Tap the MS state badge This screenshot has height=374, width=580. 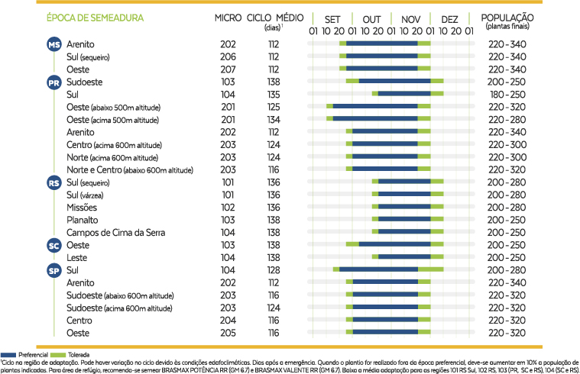tap(54, 44)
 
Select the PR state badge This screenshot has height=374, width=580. tap(54, 82)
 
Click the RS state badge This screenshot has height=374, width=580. tap(54, 182)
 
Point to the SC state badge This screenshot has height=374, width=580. tap(54, 245)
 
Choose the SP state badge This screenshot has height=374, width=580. tap(54, 270)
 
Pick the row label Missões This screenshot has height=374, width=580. tap(82, 207)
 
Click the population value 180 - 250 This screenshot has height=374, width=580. tap(507, 95)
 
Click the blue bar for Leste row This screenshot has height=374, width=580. tap(398, 257)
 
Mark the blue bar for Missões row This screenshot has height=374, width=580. tap(398, 207)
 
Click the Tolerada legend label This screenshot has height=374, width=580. tap(73, 356)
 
